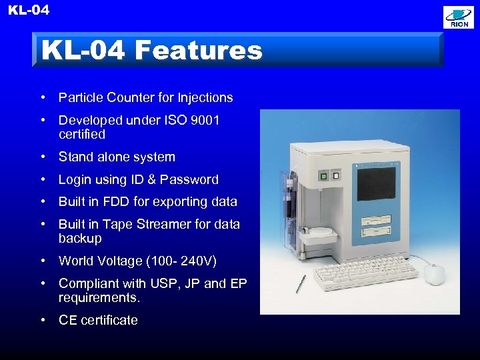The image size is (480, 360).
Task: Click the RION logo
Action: (x=459, y=17)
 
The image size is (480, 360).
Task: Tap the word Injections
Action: (x=205, y=97)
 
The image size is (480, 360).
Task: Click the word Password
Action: (x=191, y=179)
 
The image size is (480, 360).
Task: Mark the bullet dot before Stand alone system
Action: (x=42, y=157)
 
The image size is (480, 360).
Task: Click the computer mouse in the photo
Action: (x=433, y=273)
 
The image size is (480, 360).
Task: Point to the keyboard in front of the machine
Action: (x=363, y=274)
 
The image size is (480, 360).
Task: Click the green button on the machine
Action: (x=324, y=177)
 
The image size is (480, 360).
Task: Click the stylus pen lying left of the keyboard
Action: (x=301, y=283)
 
